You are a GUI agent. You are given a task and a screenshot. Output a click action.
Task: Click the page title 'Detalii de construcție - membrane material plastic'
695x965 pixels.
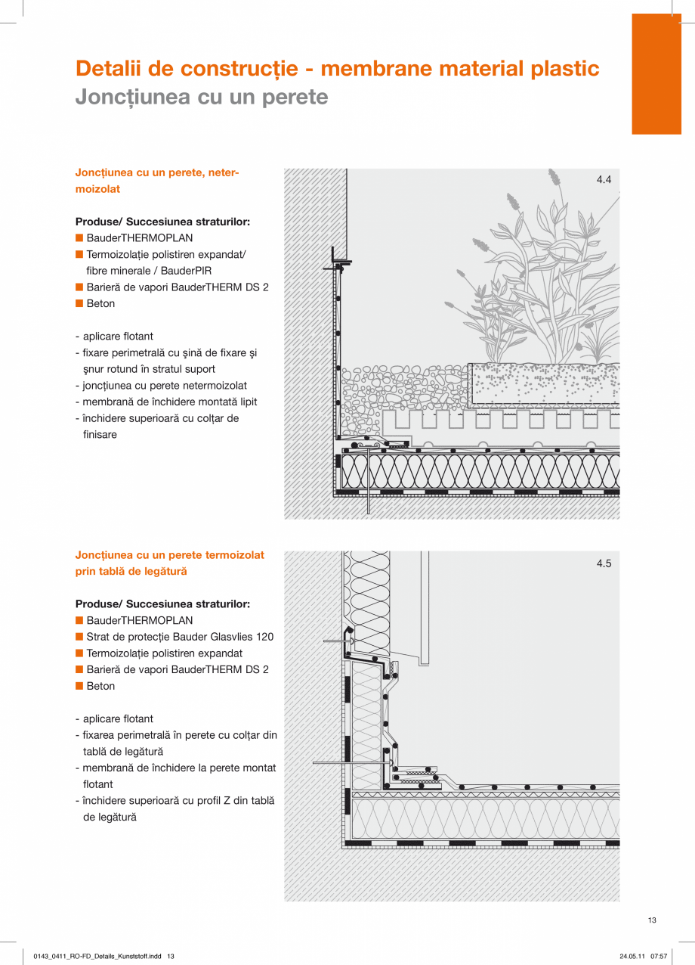(337, 69)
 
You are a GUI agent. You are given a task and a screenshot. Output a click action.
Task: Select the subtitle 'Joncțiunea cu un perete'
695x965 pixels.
(202, 97)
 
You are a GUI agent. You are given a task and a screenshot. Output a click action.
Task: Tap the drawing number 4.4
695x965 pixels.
(604, 180)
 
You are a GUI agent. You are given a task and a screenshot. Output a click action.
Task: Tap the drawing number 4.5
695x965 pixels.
(604, 563)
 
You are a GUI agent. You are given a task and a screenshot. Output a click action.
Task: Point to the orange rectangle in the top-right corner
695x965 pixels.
(656, 74)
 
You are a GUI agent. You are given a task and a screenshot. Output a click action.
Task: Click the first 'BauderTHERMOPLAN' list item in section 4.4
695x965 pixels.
(139, 238)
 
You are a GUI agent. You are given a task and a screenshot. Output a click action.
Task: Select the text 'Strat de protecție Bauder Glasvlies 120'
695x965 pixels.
(180, 637)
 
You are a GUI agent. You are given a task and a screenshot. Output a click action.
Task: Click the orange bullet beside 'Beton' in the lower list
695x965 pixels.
(79, 686)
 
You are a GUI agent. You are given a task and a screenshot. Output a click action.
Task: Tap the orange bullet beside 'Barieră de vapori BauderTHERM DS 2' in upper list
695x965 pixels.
(79, 287)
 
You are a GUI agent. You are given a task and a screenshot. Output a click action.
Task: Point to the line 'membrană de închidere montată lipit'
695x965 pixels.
(165, 402)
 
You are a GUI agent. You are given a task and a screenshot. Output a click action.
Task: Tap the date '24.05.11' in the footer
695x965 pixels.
(632, 956)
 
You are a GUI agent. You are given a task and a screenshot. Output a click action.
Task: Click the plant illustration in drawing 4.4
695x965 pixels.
(544, 287)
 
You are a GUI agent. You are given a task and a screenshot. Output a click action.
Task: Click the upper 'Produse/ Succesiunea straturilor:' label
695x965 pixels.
(162, 222)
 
